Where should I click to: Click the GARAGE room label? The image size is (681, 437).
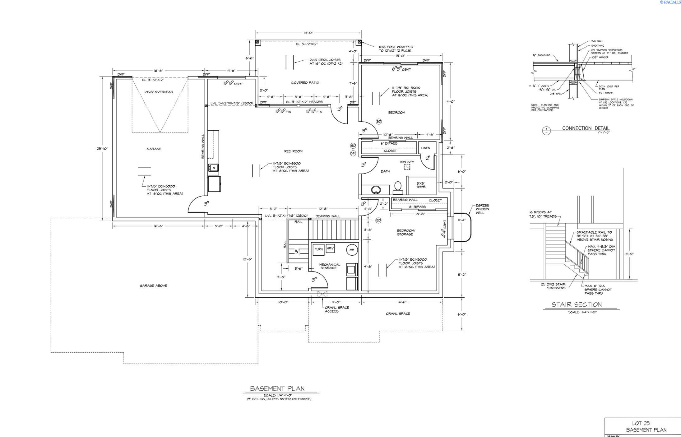pos(154,149)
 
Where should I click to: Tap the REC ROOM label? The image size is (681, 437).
pos(293,151)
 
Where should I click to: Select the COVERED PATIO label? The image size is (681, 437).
pos(305,83)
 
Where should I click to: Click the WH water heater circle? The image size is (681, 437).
pos(352,250)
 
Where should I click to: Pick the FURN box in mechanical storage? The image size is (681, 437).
pos(318,249)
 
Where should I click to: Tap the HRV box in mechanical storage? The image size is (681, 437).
pos(330,249)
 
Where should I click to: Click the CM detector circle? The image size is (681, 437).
pos(353,153)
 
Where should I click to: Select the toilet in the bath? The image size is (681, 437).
pos(398,186)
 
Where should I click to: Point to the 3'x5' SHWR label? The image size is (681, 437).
pos(421,185)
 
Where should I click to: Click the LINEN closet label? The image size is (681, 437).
pos(425,148)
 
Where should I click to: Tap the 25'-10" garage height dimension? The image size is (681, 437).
pos(102,149)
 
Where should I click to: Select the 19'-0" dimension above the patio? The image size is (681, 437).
pos(308,33)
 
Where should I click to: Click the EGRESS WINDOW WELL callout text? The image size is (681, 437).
pos(482,209)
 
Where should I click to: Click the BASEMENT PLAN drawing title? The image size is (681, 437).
pos(277,388)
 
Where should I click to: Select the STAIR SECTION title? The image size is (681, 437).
pos(577,305)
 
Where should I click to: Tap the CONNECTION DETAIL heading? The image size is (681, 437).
pos(586,128)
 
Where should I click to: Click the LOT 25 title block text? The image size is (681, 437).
pos(641,423)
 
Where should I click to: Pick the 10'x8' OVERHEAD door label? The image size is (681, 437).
pos(159,92)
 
